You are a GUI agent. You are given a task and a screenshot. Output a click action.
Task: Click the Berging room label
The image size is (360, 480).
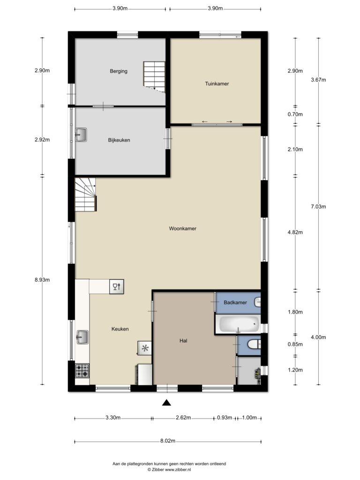pos(119,71)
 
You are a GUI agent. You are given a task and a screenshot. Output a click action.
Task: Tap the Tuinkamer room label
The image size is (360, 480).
pos(217,83)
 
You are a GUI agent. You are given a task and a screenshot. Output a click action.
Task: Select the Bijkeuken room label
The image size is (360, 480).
pos(119,140)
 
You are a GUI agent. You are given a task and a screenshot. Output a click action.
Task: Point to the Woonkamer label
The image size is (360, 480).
pos(182,228)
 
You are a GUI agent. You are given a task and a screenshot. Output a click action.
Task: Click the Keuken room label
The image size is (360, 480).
pos(120,329)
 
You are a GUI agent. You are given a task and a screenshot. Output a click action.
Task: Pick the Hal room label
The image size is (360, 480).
pos(183,340)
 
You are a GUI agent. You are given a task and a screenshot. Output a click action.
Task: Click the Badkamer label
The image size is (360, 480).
pos(235,302)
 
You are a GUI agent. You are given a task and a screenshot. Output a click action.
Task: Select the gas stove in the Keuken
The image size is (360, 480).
pos(82,370)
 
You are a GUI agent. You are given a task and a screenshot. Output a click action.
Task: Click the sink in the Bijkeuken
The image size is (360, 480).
pos(81,135)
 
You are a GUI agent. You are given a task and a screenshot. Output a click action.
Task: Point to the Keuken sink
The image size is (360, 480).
pos(82,337)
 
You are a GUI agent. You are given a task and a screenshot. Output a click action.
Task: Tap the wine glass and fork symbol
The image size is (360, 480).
pos(117,287)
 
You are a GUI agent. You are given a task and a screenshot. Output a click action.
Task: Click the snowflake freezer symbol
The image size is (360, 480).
pos(145,348)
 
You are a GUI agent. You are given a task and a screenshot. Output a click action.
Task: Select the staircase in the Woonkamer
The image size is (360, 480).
pos(86,195)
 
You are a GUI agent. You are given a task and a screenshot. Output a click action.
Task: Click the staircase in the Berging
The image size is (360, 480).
pos(154,76)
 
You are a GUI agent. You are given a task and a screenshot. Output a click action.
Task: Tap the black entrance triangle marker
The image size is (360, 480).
pos(166,403)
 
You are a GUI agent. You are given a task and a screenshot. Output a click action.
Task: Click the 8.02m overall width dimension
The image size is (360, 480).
pos(168,441)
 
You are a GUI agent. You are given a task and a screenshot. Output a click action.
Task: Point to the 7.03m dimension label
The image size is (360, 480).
pos(318,207)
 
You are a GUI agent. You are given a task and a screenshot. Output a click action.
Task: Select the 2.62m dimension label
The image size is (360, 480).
pos(183,418)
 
